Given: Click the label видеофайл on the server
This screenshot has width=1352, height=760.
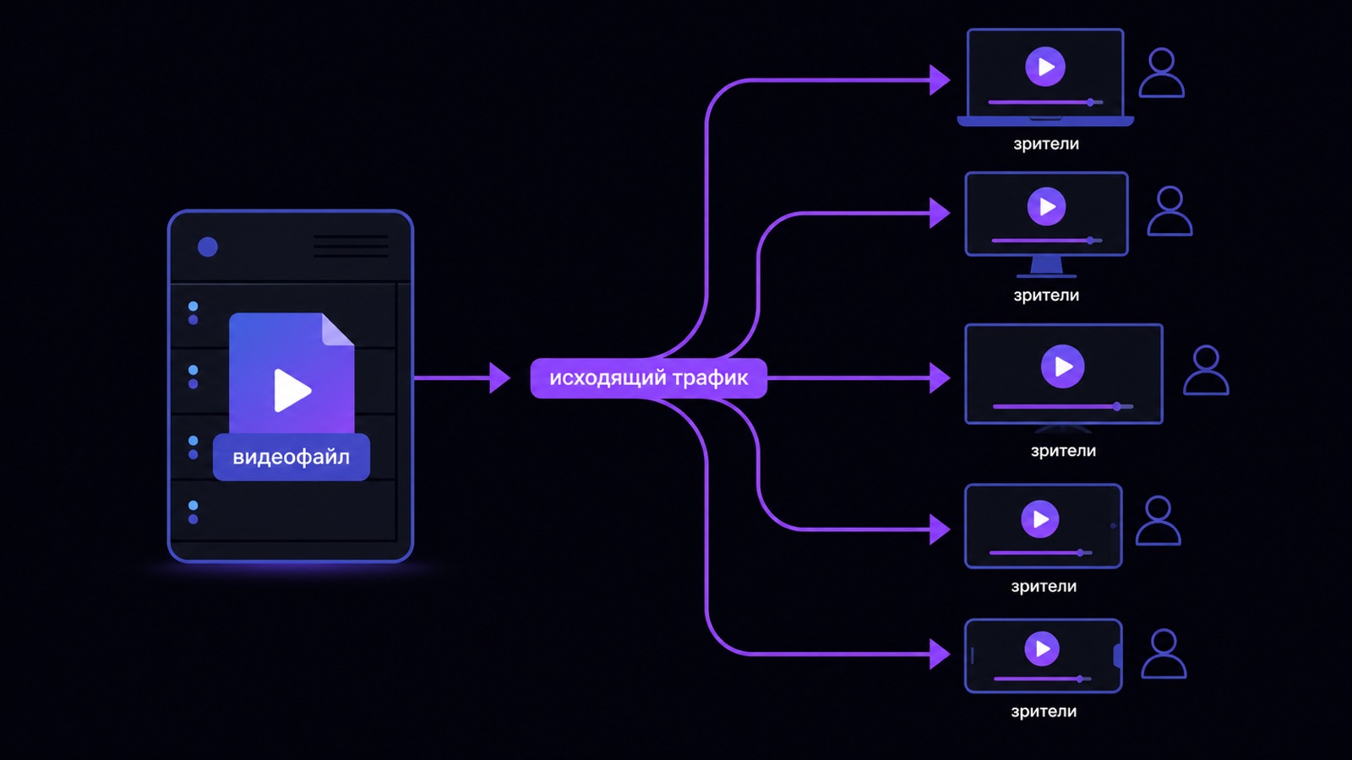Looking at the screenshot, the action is pos(291,457).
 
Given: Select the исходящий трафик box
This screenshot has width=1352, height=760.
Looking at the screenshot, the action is pos(649,378).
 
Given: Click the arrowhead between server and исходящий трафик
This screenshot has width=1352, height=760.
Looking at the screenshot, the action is pos(499,378).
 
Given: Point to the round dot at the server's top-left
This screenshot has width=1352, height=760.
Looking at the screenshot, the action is pos(208,247).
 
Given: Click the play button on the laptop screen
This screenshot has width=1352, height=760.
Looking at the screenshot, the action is pos(1044,67).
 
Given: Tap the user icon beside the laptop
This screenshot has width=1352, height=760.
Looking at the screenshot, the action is pos(1161,73).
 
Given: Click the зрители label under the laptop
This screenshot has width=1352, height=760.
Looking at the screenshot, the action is pos(1046,144).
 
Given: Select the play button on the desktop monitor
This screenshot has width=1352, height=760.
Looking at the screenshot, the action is pos(1046,207).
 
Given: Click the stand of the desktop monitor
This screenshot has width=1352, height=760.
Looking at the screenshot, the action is pos(1047,267).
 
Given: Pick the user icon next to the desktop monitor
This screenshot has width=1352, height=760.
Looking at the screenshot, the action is pos(1169,211).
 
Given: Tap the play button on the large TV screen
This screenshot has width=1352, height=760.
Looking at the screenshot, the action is pos(1062,366).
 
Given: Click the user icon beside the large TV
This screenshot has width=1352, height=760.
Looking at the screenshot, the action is pos(1206,371).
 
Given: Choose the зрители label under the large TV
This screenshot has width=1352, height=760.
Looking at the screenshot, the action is pos(1063,451).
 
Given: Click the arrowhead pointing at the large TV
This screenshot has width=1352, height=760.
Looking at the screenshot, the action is pos(940,378).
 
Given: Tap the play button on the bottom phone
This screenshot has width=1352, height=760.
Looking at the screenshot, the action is pos(1042,649).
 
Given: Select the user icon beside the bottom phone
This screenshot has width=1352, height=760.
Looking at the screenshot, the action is pos(1164,654).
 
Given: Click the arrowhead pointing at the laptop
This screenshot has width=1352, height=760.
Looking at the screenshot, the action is pos(940,79).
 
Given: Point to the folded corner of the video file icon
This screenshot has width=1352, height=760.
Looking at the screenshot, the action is pos(338,329).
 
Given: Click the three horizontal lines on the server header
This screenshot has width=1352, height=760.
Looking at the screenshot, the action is pos(351,246).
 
